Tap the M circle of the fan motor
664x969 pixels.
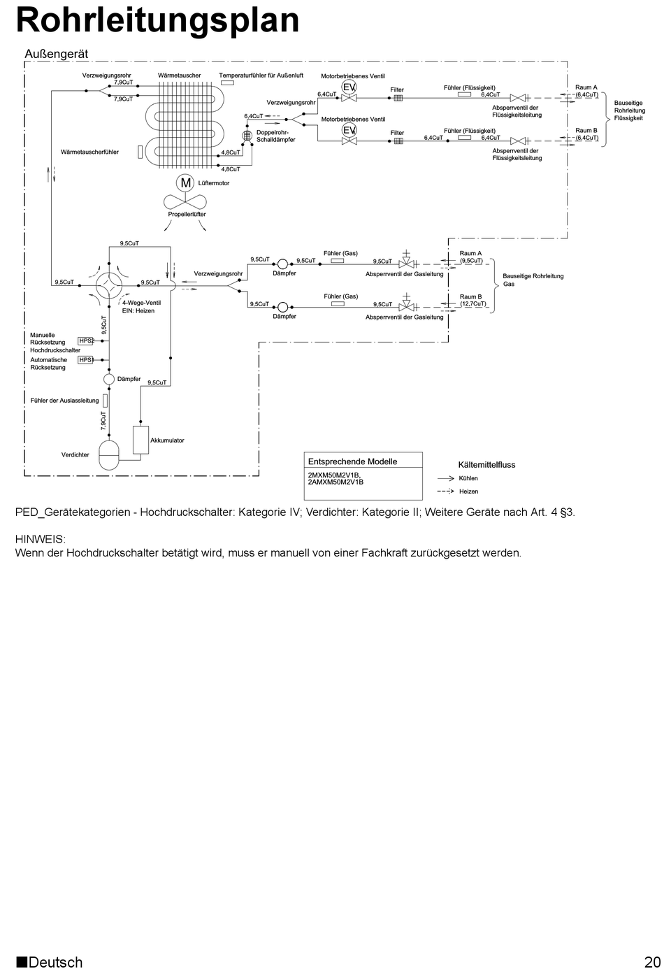point(186,183)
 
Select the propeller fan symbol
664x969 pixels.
point(185,202)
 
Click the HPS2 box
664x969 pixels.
point(86,340)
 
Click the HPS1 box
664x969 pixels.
point(86,359)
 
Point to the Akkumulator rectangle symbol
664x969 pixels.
point(141,439)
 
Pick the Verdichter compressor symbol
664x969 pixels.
point(110,454)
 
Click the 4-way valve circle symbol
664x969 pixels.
point(109,283)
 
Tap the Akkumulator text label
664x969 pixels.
point(168,440)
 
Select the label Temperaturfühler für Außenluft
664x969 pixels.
point(261,75)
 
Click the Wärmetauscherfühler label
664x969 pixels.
point(89,152)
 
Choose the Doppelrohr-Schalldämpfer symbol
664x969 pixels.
point(247,136)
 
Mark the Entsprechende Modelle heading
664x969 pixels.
point(352,461)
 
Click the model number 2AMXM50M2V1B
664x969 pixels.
point(335,482)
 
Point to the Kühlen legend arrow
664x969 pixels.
point(446,478)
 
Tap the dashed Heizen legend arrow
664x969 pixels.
point(446,491)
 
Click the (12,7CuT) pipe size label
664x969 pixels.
point(473,304)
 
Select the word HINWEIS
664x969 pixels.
point(41,539)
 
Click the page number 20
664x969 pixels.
point(652,961)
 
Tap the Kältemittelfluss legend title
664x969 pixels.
point(486,464)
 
